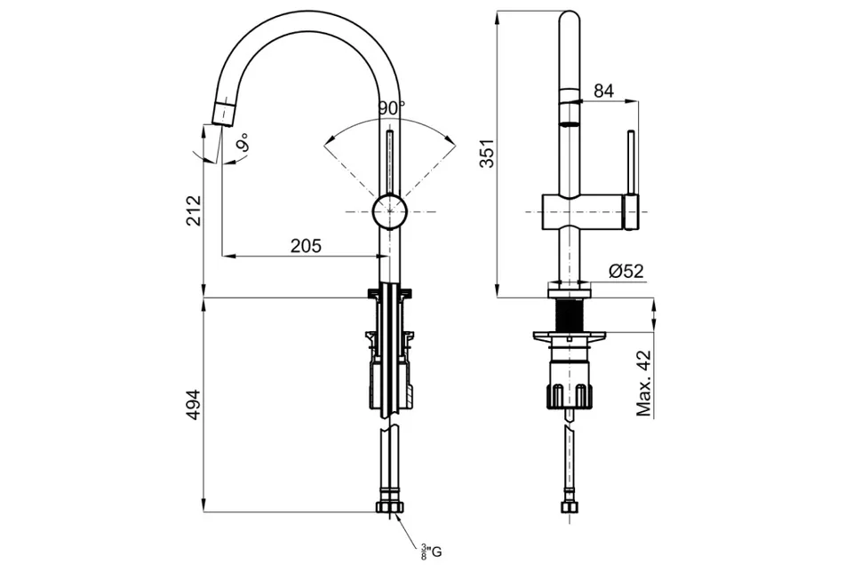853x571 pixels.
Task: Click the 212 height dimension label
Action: coord(194,210)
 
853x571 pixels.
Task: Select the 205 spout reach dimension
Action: coord(306,246)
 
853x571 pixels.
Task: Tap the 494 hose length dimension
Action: coord(194,405)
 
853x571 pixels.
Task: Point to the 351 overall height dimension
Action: coord(488,153)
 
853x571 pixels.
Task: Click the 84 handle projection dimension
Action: coord(603,91)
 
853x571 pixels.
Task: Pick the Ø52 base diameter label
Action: coord(626,270)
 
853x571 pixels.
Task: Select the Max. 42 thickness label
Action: coord(644,384)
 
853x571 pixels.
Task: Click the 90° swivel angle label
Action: coord(392,108)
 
